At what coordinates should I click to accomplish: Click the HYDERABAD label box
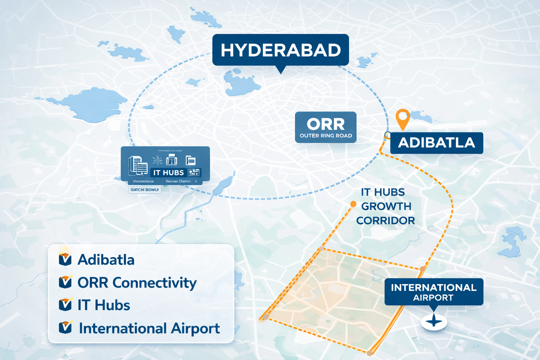[x=281, y=50]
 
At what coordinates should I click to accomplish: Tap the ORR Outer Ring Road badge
[x=326, y=127]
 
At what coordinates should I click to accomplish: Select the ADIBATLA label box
[x=437, y=143]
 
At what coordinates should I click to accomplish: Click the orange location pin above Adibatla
[x=403, y=117]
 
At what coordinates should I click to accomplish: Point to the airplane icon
[x=434, y=321]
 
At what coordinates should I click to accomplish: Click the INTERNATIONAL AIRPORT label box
[x=433, y=292]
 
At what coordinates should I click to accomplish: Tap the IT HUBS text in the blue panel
[x=169, y=173]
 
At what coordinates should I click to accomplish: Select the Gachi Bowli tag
[x=145, y=190]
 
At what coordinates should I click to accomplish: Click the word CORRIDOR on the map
[x=385, y=221]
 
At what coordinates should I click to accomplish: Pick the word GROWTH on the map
[x=386, y=206]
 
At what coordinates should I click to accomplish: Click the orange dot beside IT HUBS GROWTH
[x=353, y=204]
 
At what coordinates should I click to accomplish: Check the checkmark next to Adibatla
[x=65, y=259]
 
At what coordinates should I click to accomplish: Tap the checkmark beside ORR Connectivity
[x=65, y=282]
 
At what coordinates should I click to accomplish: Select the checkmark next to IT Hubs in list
[x=65, y=305]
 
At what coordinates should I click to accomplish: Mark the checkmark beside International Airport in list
[x=65, y=328]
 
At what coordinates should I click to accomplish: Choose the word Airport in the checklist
[x=195, y=329]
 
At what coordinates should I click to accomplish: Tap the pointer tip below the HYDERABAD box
[x=281, y=71]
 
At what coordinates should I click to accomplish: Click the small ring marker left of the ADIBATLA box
[x=387, y=135]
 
